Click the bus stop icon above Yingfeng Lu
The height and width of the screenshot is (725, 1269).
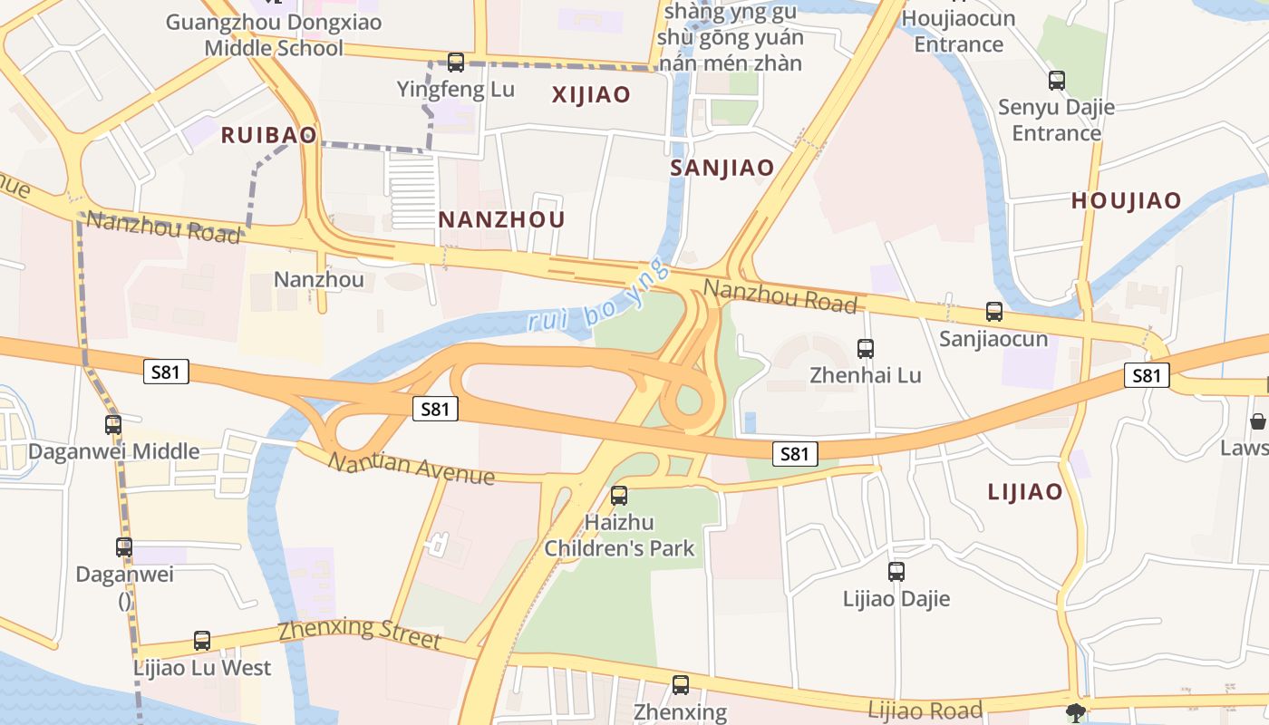pyautogui.click(x=456, y=63)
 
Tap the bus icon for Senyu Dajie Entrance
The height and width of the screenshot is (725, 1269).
pyautogui.click(x=1056, y=81)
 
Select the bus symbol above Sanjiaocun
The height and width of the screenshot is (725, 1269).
pyautogui.click(x=994, y=313)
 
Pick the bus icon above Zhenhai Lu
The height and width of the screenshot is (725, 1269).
pyautogui.click(x=866, y=349)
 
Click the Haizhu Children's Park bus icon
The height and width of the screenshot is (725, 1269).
pyautogui.click(x=619, y=496)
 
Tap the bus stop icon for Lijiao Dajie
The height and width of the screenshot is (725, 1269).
pyautogui.click(x=896, y=572)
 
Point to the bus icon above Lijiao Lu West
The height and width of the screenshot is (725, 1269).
pyautogui.click(x=202, y=641)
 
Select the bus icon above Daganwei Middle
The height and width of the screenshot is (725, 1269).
pyautogui.click(x=113, y=425)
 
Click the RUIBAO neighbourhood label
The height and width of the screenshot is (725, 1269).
pyautogui.click(x=269, y=135)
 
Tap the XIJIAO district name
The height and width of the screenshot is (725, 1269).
pyautogui.click(x=591, y=94)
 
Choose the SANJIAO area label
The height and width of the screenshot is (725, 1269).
pyautogui.click(x=722, y=168)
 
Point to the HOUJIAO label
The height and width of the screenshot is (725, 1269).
pyautogui.click(x=1127, y=201)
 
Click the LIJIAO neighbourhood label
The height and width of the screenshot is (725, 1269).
pyautogui.click(x=1025, y=492)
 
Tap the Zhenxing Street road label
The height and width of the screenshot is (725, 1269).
pyautogui.click(x=359, y=633)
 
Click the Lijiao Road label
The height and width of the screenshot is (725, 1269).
pyautogui.click(x=925, y=710)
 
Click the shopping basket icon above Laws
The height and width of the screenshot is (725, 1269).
pyautogui.click(x=1258, y=421)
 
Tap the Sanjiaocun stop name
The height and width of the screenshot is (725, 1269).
pyautogui.click(x=993, y=339)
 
